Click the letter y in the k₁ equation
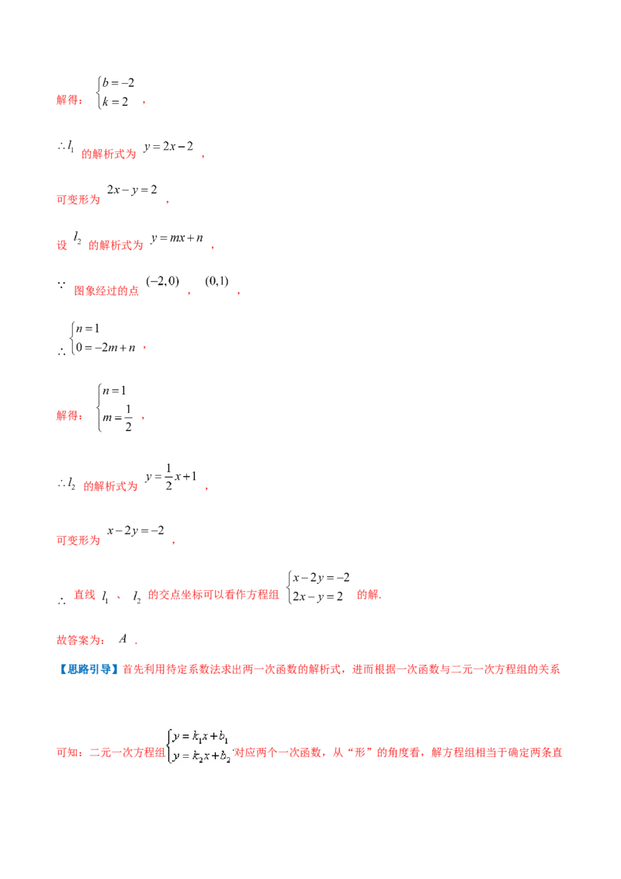pyautogui.click(x=176, y=736)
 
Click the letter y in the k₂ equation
pyautogui.click(x=176, y=756)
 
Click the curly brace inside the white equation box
pyautogui.click(x=168, y=745)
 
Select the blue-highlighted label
pyautogui.click(x=88, y=669)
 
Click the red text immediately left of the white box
pyautogui.click(x=108, y=752)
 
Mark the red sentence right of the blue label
pyautogui.click(x=342, y=669)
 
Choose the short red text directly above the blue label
pyautogui.click(x=80, y=641)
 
